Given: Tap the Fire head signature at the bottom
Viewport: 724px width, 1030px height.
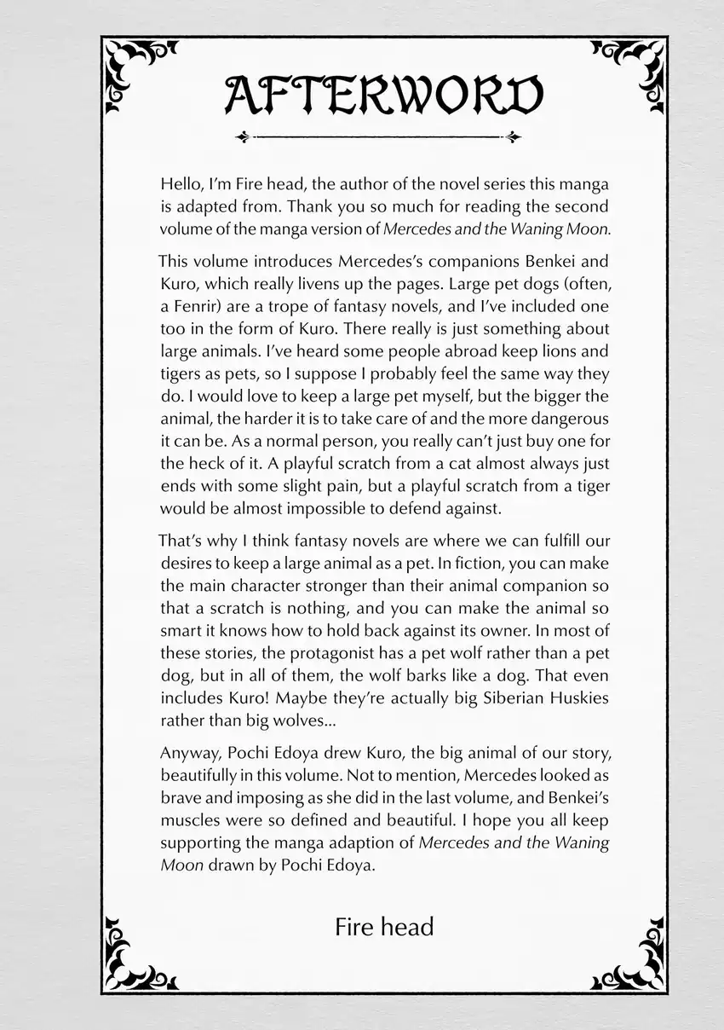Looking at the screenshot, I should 384,926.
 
